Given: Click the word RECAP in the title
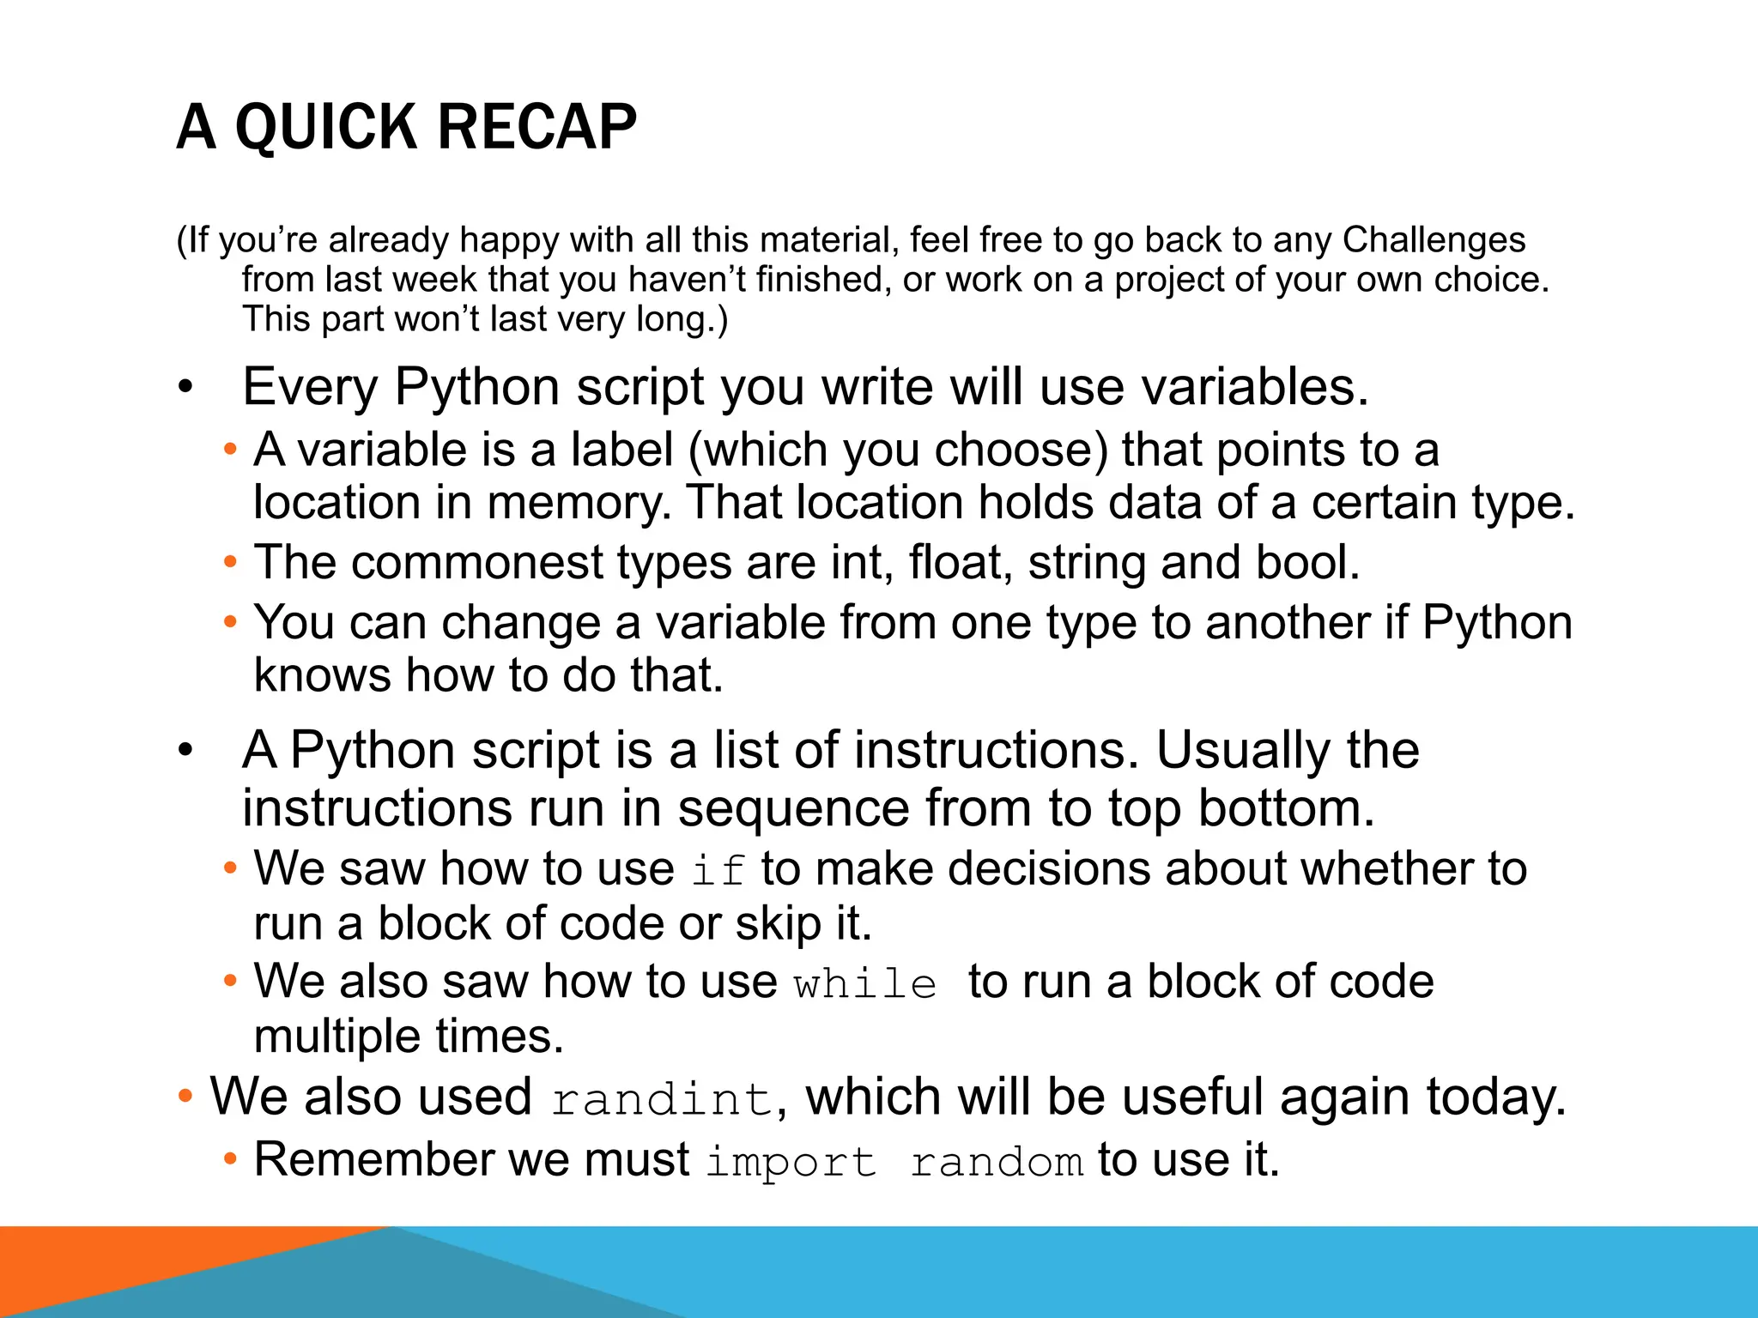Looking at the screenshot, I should pos(536,127).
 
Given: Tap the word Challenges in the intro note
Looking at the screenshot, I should pos(1434,240).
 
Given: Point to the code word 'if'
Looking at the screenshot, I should pos(718,870).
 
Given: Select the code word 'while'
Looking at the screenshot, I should pos(864,983).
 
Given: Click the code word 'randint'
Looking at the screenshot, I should pos(662,1099).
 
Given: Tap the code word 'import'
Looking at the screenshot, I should pos(791,1162).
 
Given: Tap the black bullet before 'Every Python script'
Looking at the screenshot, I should pos(186,388).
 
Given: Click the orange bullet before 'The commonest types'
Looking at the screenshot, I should pos(229,563).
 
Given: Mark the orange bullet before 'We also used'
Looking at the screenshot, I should pos(185,1097).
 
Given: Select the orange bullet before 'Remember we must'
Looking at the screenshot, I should pos(229,1160).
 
